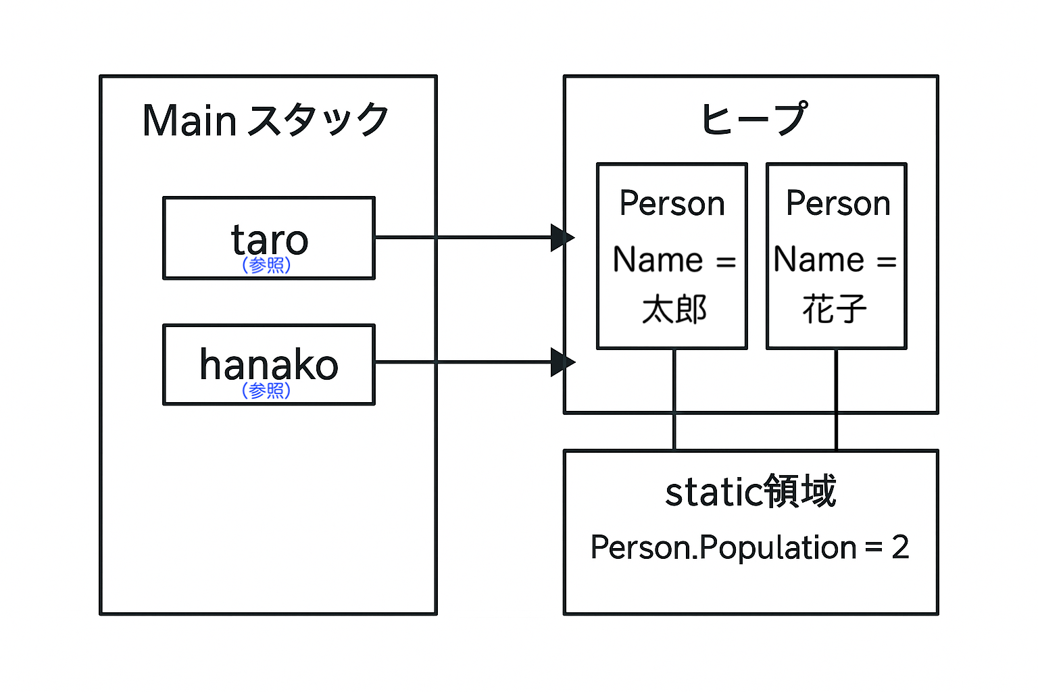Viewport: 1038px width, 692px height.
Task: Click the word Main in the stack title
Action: tap(189, 120)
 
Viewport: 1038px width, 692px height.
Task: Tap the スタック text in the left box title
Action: tap(318, 120)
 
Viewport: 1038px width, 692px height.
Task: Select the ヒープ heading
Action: tap(754, 118)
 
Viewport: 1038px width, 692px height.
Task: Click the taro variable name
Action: tap(269, 240)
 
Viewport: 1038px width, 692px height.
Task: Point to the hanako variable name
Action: tap(269, 365)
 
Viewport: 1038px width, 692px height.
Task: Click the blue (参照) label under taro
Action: tap(266, 265)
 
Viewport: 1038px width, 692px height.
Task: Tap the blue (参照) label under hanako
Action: tap(266, 391)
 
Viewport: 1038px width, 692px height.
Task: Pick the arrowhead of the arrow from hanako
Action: tap(562, 362)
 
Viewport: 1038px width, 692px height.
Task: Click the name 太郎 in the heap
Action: tap(674, 309)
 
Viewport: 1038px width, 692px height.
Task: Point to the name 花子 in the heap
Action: tap(835, 309)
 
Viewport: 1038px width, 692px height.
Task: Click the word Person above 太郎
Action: tap(672, 203)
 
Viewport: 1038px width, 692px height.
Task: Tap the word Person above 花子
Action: tap(838, 203)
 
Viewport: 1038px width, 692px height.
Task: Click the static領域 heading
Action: tap(751, 491)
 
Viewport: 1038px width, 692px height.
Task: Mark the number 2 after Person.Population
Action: tap(900, 547)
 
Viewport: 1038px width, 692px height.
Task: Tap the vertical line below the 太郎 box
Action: tap(674, 399)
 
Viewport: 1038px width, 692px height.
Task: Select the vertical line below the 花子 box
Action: tap(836, 399)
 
